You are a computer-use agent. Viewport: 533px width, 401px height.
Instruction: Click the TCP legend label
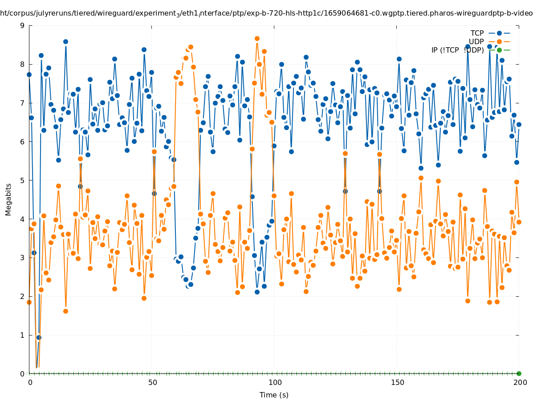tap(477, 33)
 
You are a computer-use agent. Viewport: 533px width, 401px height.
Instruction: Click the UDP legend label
tap(476, 41)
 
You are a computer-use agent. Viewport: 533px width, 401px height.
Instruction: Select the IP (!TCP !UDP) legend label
tap(457, 50)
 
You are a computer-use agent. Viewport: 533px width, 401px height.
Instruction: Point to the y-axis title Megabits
tap(8, 199)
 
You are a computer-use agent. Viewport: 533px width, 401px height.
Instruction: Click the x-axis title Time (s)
tap(274, 395)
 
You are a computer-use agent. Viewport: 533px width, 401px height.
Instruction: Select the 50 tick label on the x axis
tap(152, 382)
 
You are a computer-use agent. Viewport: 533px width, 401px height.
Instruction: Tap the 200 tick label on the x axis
tap(520, 382)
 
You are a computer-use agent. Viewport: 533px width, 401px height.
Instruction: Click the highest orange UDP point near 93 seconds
tap(257, 39)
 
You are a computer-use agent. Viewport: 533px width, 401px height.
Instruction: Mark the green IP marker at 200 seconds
tap(519, 373)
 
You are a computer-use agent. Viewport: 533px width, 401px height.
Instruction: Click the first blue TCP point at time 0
tap(29, 74)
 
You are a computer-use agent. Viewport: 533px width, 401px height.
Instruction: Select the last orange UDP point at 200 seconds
tap(519, 222)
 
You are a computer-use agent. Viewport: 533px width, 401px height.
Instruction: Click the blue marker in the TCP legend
tap(499, 33)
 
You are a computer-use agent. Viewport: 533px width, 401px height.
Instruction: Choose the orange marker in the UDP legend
tap(499, 41)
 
